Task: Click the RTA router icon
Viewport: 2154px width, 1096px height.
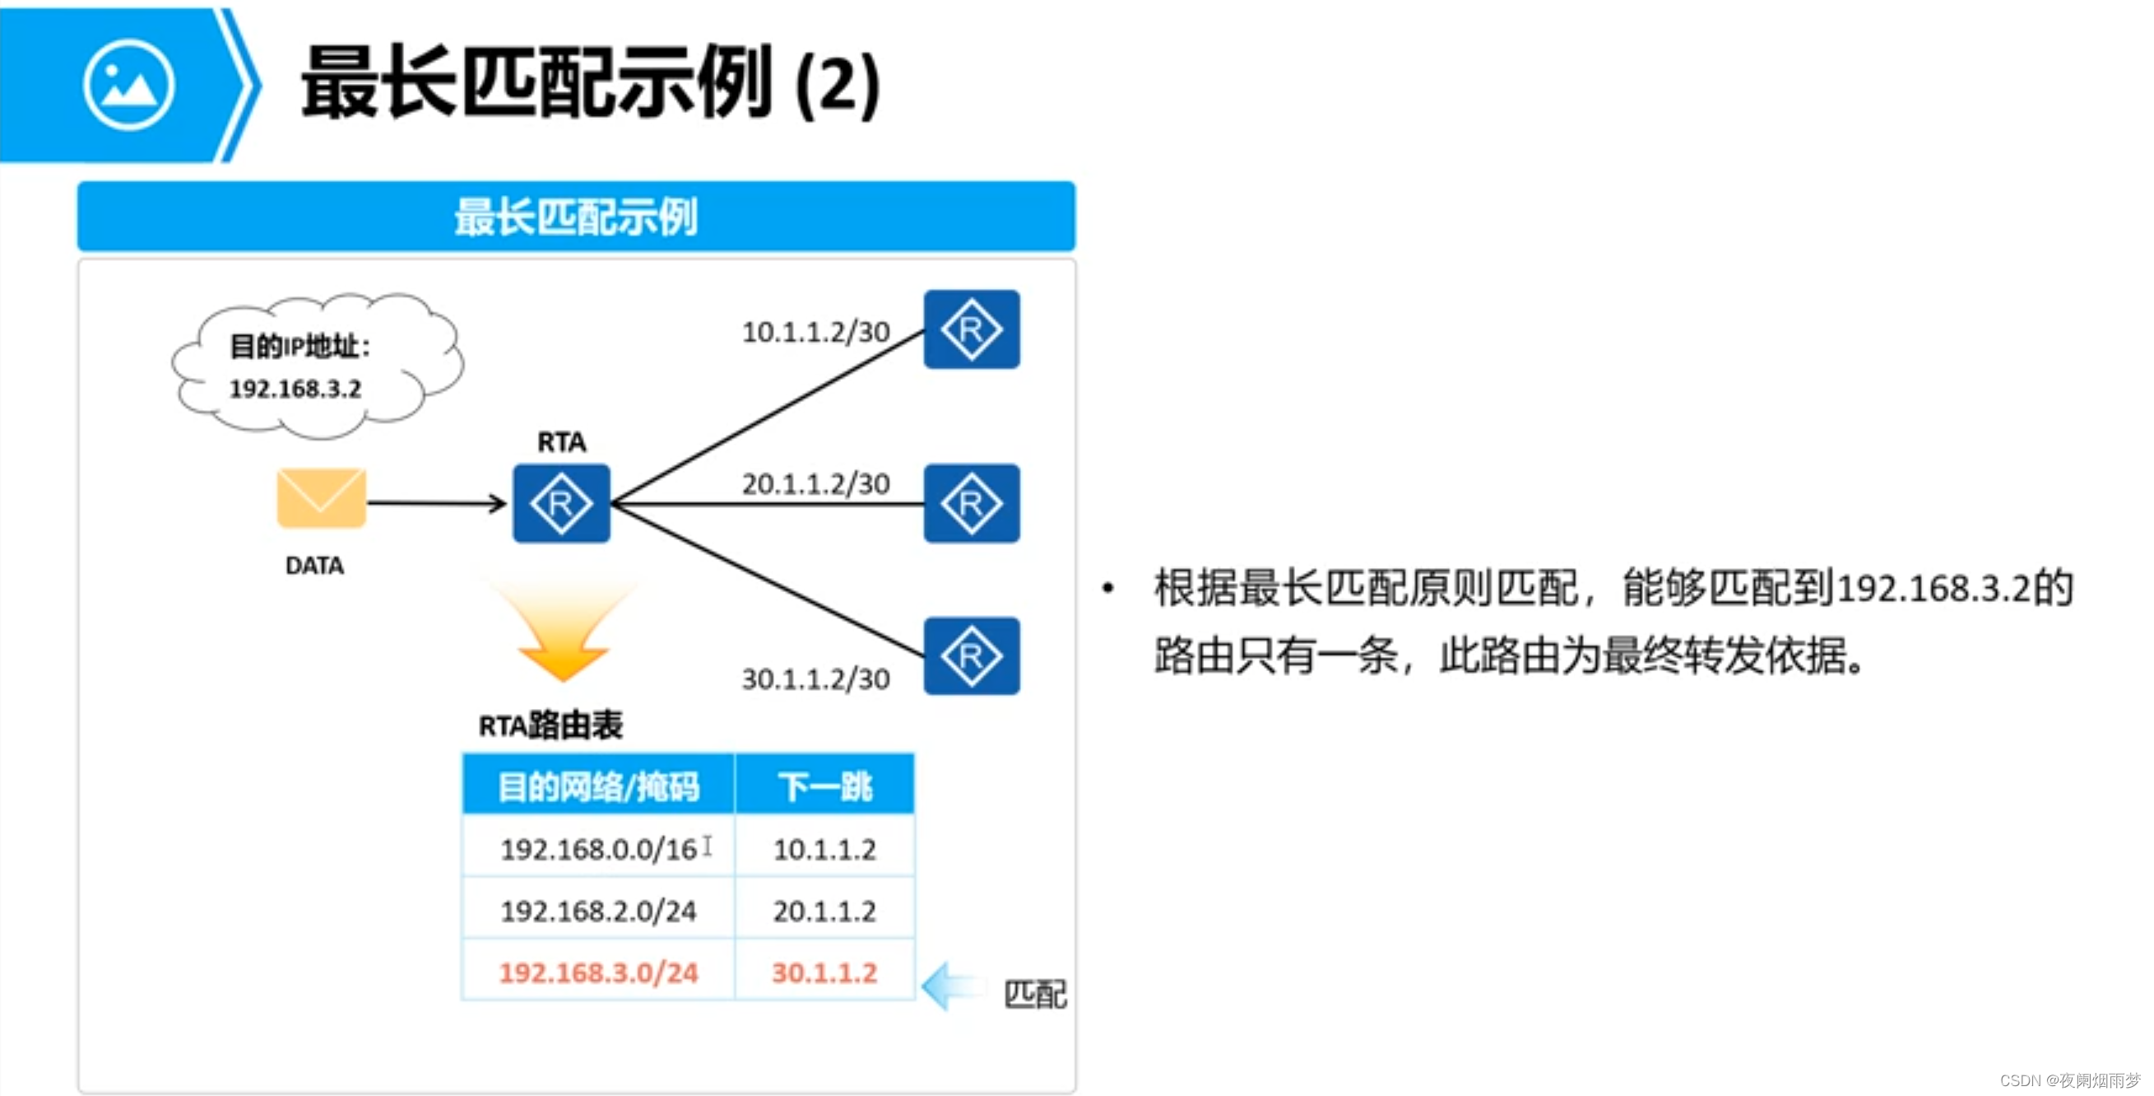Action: pyautogui.click(x=561, y=504)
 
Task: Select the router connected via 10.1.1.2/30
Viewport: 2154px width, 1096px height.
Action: pyautogui.click(x=971, y=329)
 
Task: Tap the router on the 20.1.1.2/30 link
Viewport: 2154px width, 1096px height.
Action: pyautogui.click(x=971, y=504)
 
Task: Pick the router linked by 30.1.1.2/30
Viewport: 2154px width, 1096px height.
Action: pyautogui.click(x=971, y=656)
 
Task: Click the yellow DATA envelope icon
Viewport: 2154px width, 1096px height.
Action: pyautogui.click(x=321, y=498)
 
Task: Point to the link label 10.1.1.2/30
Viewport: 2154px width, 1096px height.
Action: pyautogui.click(x=815, y=332)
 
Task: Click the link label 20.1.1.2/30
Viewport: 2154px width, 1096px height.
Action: pyautogui.click(x=815, y=483)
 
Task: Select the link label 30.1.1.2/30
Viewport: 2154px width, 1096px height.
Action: pyautogui.click(x=815, y=679)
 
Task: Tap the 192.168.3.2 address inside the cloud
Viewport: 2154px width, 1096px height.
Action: pyautogui.click(x=295, y=389)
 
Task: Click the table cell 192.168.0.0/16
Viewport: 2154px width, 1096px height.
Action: pyautogui.click(x=598, y=849)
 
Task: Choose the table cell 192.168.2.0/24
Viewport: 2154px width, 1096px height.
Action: pyautogui.click(x=598, y=911)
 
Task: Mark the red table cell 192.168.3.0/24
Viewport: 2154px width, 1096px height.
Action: pyautogui.click(x=598, y=972)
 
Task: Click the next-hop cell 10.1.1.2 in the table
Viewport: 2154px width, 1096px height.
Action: pyautogui.click(x=824, y=849)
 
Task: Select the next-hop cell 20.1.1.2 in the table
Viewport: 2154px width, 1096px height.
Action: pyautogui.click(x=824, y=911)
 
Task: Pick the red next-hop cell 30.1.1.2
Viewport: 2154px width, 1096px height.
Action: pyautogui.click(x=824, y=972)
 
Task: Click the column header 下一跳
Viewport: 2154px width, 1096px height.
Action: pyautogui.click(x=824, y=786)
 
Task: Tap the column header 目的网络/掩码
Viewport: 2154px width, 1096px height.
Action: pyautogui.click(x=598, y=786)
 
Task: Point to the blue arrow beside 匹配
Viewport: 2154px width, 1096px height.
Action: pyautogui.click(x=954, y=986)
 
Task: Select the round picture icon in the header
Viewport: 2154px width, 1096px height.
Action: pyautogui.click(x=129, y=86)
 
